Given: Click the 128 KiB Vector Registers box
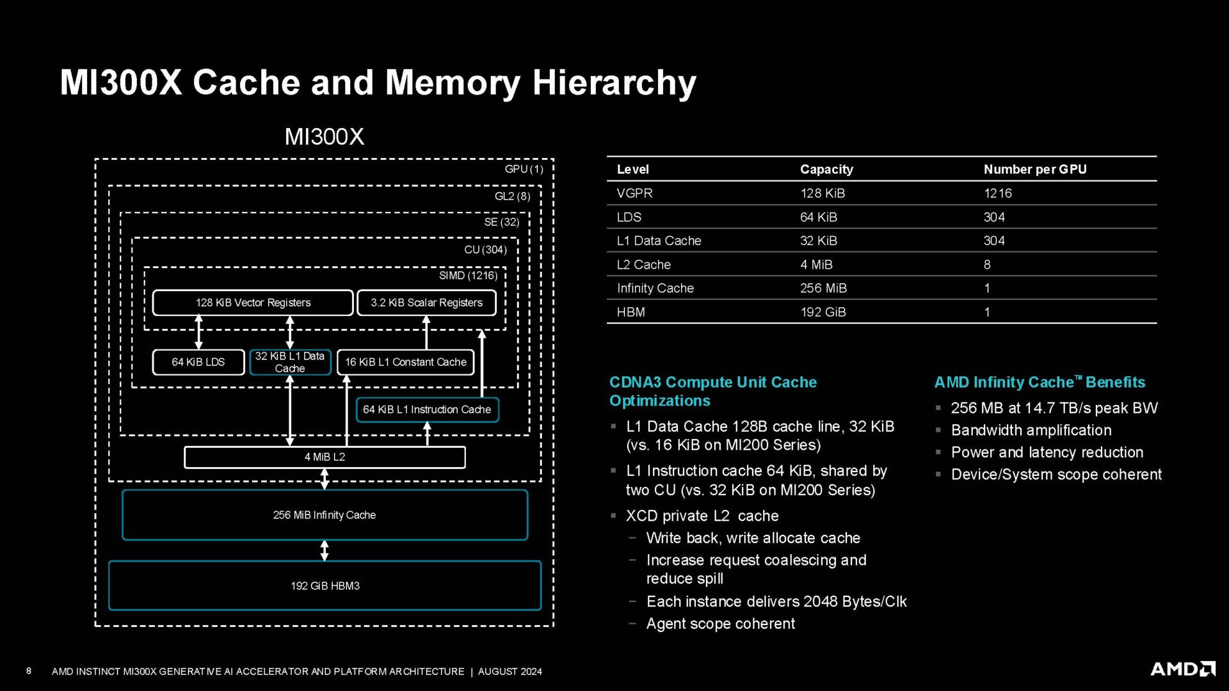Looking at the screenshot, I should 253,303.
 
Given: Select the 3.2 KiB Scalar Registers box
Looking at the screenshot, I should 426,303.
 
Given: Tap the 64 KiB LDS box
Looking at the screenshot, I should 198,362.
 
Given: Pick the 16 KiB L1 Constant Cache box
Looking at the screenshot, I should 405,362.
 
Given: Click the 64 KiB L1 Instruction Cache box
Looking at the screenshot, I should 427,409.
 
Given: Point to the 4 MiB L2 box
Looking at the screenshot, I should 325,457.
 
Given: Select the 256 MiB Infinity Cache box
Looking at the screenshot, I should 325,515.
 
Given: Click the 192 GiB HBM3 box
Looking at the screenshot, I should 325,585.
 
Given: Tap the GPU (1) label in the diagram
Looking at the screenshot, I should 524,169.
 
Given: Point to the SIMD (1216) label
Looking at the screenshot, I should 468,276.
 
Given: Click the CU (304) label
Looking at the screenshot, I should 485,250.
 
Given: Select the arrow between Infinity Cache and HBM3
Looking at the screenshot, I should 325,550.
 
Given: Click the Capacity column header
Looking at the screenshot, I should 826,170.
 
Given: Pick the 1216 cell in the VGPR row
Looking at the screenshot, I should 997,193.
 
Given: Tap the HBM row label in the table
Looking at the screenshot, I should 631,312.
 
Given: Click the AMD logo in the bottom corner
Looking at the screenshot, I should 1182,669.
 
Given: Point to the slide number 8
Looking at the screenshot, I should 29,671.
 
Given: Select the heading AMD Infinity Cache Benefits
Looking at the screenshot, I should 1040,383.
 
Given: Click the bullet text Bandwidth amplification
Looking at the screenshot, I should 1031,431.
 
